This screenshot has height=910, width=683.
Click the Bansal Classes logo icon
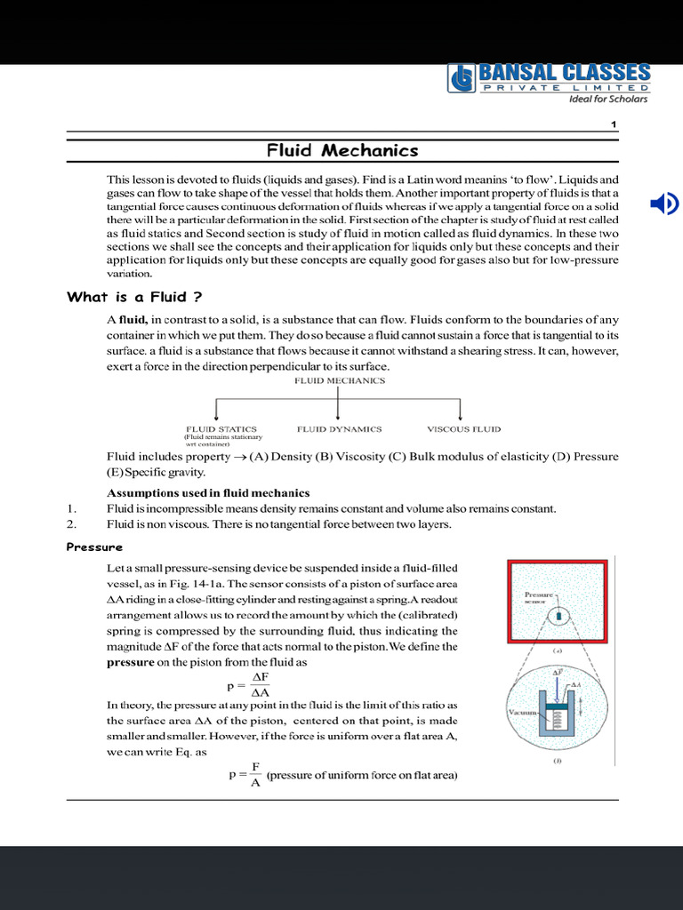pyautogui.click(x=462, y=78)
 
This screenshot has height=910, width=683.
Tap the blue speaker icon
pyautogui.click(x=663, y=204)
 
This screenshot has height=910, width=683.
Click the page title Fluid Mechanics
pyautogui.click(x=343, y=150)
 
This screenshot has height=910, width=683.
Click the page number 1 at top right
pyautogui.click(x=614, y=124)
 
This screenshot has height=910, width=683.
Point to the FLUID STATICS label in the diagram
pyautogui.click(x=221, y=429)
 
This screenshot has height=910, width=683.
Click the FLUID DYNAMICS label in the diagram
pyautogui.click(x=339, y=429)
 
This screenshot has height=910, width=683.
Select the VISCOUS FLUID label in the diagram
pyautogui.click(x=461, y=429)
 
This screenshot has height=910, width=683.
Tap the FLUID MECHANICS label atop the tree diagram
pyautogui.click(x=340, y=380)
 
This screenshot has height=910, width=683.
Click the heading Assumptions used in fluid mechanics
pyautogui.click(x=208, y=492)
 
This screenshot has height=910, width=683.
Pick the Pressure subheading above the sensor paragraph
pyautogui.click(x=94, y=547)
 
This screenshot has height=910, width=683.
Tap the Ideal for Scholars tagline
pyautogui.click(x=608, y=99)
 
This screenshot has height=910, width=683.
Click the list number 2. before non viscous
pyautogui.click(x=72, y=524)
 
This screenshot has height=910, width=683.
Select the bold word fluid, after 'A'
pyautogui.click(x=133, y=320)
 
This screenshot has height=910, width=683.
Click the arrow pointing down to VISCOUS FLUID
pyautogui.click(x=460, y=410)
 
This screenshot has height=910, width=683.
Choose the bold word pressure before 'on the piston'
pyautogui.click(x=130, y=663)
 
